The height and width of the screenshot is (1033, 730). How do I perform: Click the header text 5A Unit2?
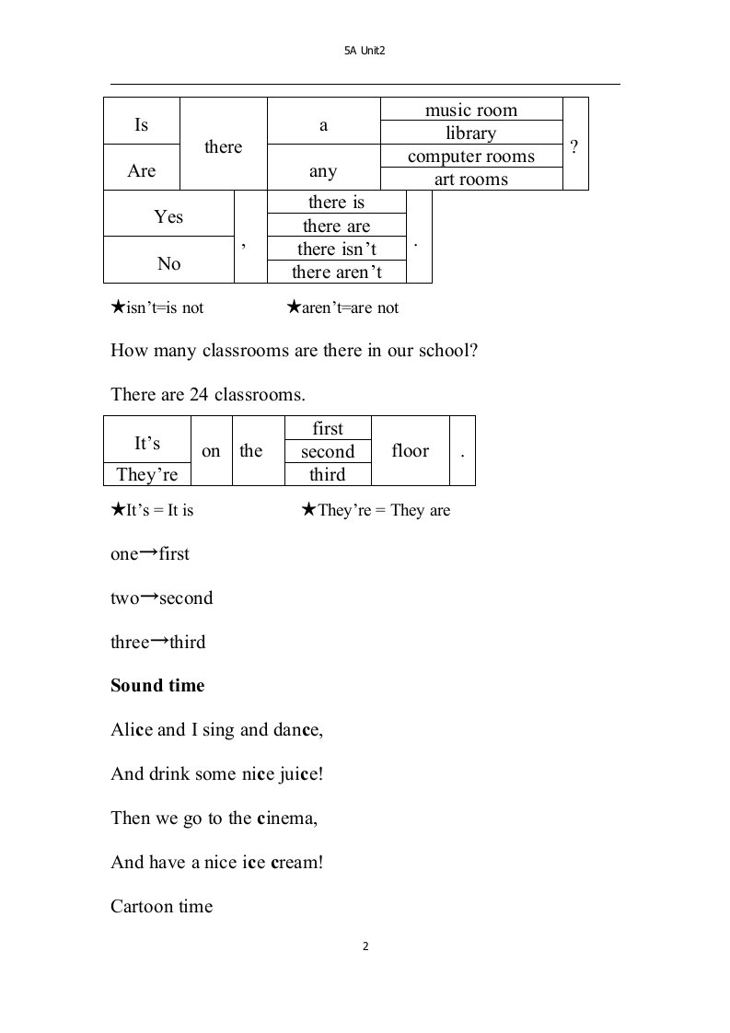(x=364, y=52)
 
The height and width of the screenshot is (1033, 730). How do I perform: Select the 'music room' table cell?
(x=470, y=110)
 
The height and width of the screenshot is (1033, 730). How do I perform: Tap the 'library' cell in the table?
(x=470, y=133)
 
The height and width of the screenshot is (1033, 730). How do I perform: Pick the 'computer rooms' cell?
(x=470, y=156)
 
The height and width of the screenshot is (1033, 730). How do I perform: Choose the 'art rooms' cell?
(x=470, y=179)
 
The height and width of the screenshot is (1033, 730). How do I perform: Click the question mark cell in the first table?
(x=574, y=145)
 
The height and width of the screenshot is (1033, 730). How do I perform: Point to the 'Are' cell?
(x=142, y=170)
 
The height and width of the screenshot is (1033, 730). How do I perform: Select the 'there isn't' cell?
(x=336, y=249)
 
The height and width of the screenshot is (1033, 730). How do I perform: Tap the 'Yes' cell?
(x=168, y=216)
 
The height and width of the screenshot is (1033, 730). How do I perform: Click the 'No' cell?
(x=168, y=263)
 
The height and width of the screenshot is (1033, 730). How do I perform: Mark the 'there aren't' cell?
(x=336, y=272)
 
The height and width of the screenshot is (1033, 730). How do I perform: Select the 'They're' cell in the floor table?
(x=147, y=474)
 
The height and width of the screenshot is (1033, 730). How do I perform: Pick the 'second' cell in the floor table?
(x=328, y=451)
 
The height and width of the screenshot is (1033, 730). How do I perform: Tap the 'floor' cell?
(x=410, y=450)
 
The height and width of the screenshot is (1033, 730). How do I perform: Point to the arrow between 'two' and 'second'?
(x=147, y=597)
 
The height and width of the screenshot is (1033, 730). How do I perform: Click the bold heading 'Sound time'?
(x=157, y=686)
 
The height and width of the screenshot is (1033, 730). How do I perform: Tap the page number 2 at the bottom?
(x=365, y=946)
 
